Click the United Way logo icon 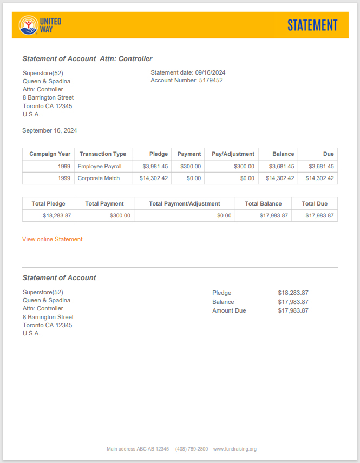pos(28,25)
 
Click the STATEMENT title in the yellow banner pos(312,25)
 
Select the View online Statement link pos(53,239)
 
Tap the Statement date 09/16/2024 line pos(188,72)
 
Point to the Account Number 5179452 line pos(186,80)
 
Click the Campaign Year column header pos(50,154)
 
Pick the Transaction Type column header pos(103,154)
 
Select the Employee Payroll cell pos(100,166)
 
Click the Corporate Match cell pos(99,178)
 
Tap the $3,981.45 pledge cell pos(155,166)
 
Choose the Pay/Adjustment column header pos(233,154)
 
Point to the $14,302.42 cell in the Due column pos(319,178)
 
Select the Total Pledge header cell pos(49,203)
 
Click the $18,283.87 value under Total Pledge pos(57,215)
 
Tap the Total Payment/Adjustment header pos(185,203)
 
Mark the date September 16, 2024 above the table pos(50,130)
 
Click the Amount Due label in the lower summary pos(229,310)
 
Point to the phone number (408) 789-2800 pos(192,449)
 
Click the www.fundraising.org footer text pos(235,449)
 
